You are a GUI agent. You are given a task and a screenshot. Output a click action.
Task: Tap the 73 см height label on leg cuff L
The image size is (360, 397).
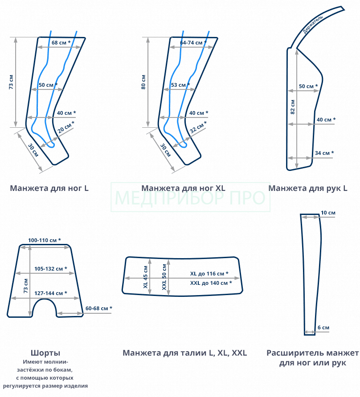[11, 82]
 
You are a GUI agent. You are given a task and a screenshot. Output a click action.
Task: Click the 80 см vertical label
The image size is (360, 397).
[143, 82]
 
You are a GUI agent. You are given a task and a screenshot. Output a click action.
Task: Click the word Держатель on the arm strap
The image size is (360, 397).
[313, 24]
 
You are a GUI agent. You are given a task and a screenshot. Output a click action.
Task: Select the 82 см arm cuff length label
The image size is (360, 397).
[293, 107]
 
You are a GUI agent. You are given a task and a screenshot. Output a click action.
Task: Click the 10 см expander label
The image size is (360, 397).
[328, 213]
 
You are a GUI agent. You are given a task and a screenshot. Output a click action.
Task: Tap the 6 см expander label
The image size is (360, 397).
[323, 328]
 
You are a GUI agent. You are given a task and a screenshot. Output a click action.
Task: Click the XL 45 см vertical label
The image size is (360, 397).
[145, 277]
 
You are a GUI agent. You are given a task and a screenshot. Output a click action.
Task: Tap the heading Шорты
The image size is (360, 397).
[45, 352]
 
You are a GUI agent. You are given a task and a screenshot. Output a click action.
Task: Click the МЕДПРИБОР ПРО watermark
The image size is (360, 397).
[190, 198]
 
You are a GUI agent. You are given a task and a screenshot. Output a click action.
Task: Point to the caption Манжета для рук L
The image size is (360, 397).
[308, 188]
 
